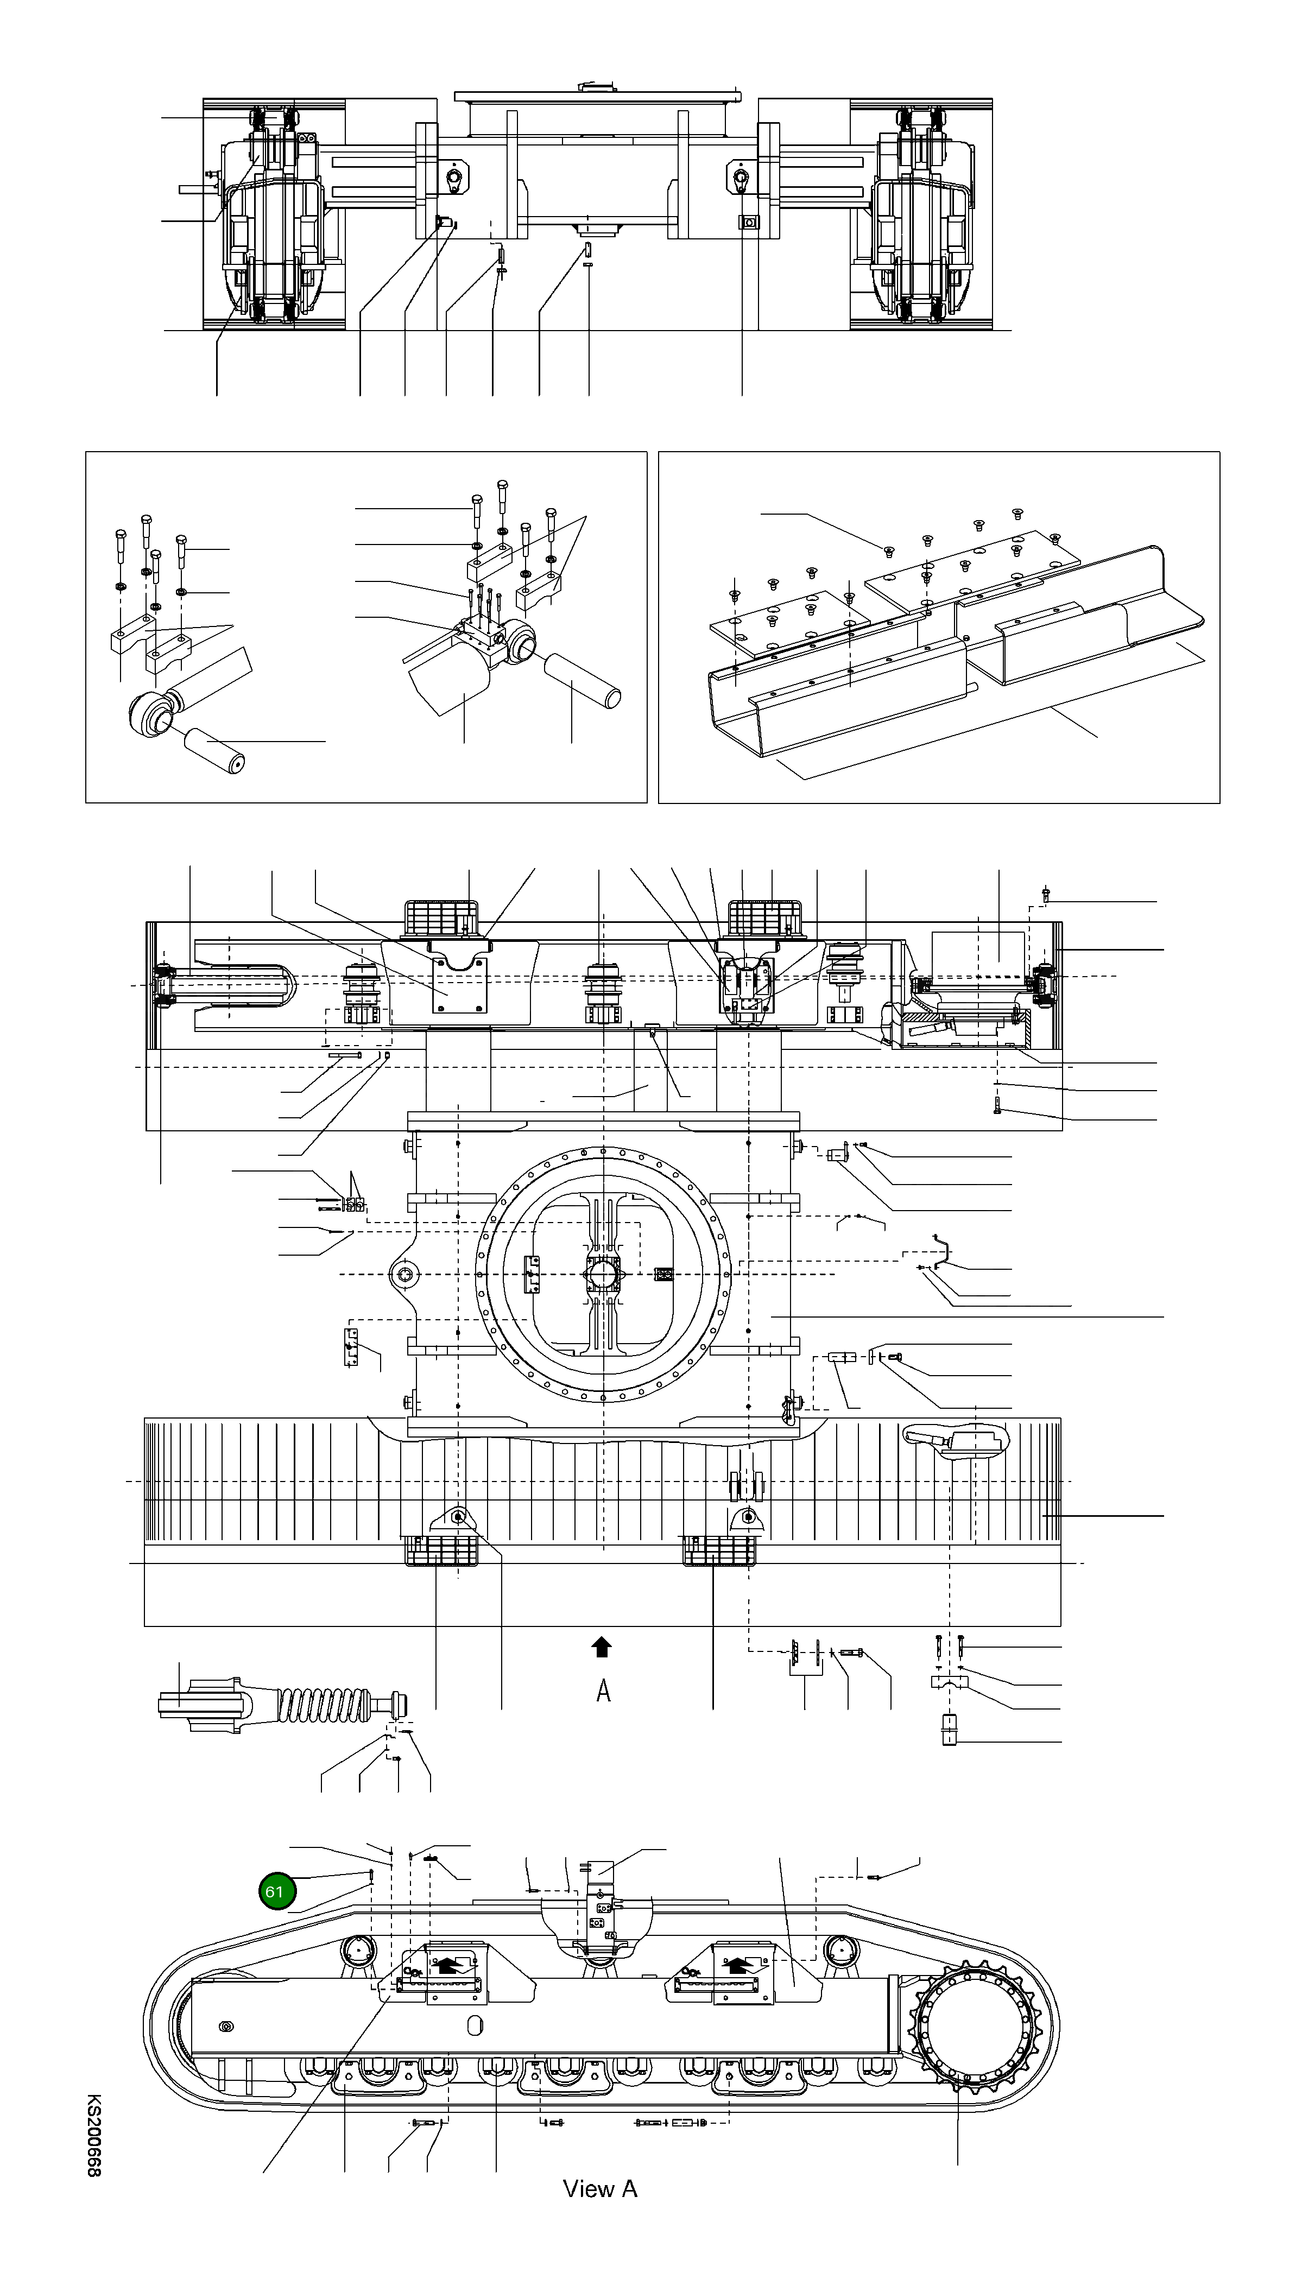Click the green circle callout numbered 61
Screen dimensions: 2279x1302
[x=275, y=1891]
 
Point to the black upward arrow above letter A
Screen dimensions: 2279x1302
[x=602, y=1647]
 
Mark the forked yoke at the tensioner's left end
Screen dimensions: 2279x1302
[x=201, y=1705]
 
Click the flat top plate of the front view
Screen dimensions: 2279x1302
[x=597, y=95]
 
